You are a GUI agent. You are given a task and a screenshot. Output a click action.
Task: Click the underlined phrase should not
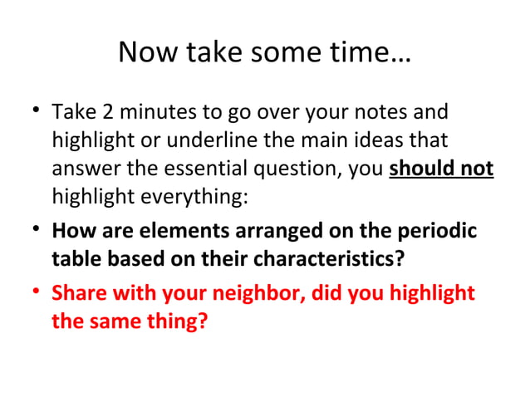[x=441, y=169]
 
